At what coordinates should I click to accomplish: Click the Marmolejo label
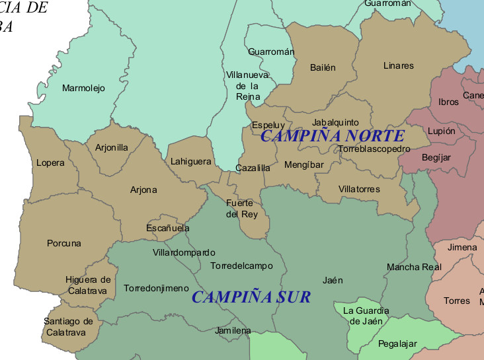[x=83, y=88]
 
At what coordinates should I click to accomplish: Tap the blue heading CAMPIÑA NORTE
[x=332, y=136]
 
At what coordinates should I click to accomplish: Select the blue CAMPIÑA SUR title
[x=251, y=297]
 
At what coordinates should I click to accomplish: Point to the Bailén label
[x=323, y=67]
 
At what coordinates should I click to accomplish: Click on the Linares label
[x=398, y=65]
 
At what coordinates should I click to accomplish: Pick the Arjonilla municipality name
[x=112, y=148]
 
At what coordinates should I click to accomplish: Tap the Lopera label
[x=51, y=162]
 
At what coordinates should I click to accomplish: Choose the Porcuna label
[x=64, y=243]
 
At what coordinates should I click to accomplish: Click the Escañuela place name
[x=168, y=228]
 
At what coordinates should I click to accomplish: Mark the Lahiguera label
[x=190, y=161]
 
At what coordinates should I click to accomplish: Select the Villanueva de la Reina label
[x=247, y=85]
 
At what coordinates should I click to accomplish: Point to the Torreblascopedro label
[x=374, y=149]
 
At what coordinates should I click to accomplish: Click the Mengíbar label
[x=303, y=164]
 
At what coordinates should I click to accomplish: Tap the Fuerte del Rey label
[x=239, y=209]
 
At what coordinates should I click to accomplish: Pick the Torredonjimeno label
[x=156, y=289]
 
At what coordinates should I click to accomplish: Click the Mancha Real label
[x=413, y=267]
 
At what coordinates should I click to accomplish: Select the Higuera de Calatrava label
[x=88, y=285]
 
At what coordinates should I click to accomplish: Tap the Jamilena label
[x=233, y=330]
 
